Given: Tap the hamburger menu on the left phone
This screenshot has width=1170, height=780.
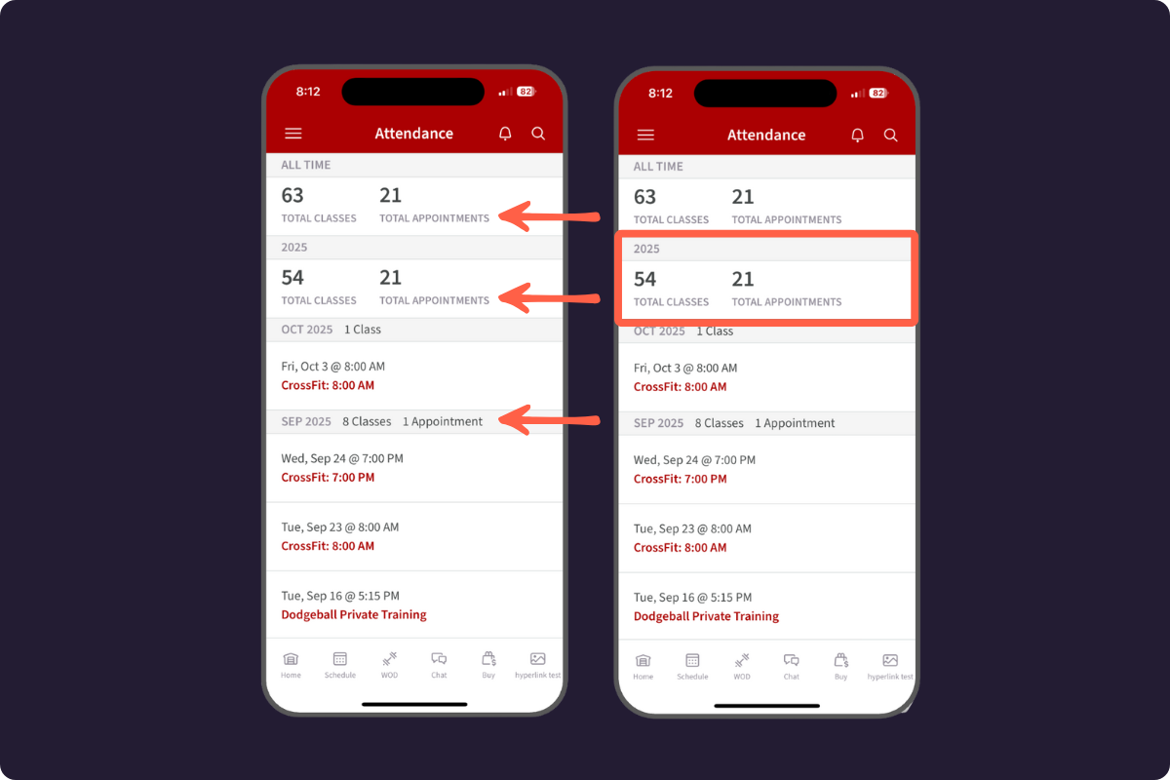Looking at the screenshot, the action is click(293, 134).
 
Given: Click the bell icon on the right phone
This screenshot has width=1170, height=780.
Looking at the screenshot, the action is click(857, 136).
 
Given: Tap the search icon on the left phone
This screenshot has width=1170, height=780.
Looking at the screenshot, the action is click(538, 134).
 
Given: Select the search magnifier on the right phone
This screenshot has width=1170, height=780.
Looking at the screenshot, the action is click(890, 136).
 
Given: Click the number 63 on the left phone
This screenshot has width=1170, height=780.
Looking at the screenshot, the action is click(292, 195).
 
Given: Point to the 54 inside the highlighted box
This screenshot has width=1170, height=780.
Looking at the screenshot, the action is click(644, 279).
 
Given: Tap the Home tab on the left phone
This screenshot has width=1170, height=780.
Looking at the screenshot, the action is click(291, 665).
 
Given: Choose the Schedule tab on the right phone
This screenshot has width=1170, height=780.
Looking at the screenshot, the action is click(692, 667).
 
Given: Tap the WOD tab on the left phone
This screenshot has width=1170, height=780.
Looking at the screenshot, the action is click(389, 665).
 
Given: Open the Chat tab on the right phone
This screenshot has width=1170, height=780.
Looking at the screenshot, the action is click(791, 667).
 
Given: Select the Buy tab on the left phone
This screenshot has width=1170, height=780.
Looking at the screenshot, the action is click(488, 665).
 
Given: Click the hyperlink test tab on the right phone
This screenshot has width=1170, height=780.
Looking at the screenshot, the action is click(890, 667).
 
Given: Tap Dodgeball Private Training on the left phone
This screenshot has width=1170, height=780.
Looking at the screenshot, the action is click(354, 614).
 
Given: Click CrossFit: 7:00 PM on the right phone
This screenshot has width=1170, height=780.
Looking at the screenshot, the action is click(680, 479).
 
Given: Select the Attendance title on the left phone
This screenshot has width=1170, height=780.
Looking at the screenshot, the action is click(413, 134).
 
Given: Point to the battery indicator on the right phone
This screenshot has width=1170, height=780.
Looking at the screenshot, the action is click(878, 93).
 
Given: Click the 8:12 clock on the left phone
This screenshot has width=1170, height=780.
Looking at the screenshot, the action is click(308, 92).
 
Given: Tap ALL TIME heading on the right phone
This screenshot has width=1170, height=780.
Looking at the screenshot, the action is click(657, 166).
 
